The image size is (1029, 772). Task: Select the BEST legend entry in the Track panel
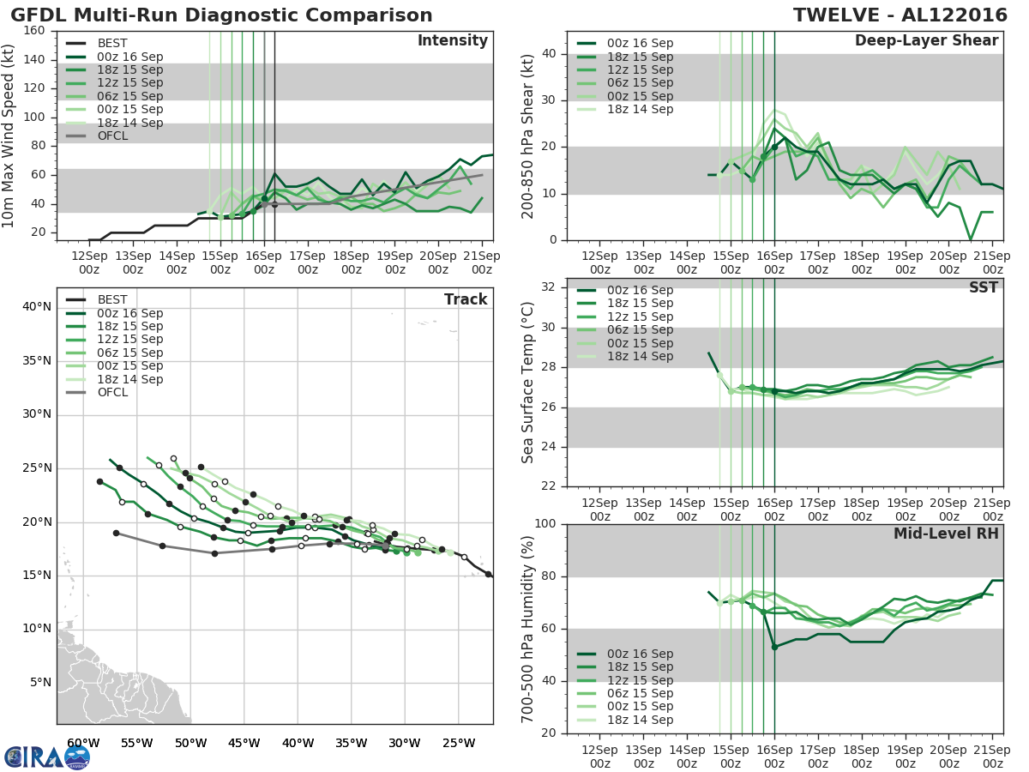pos(112,300)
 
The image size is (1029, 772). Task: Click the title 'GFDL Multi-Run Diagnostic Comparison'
pos(222,15)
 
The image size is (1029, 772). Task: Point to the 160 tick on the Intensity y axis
pos(35,31)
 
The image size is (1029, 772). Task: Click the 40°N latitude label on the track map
pos(36,306)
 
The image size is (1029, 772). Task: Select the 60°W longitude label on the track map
pos(82,743)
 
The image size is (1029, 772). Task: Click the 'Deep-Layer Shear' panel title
pos(926,41)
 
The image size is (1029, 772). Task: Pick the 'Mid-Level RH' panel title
pos(946,534)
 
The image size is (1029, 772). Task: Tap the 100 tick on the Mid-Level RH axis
pos(546,524)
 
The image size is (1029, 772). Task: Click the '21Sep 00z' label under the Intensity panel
pos(481,262)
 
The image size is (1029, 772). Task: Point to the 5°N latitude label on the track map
pos(40,683)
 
